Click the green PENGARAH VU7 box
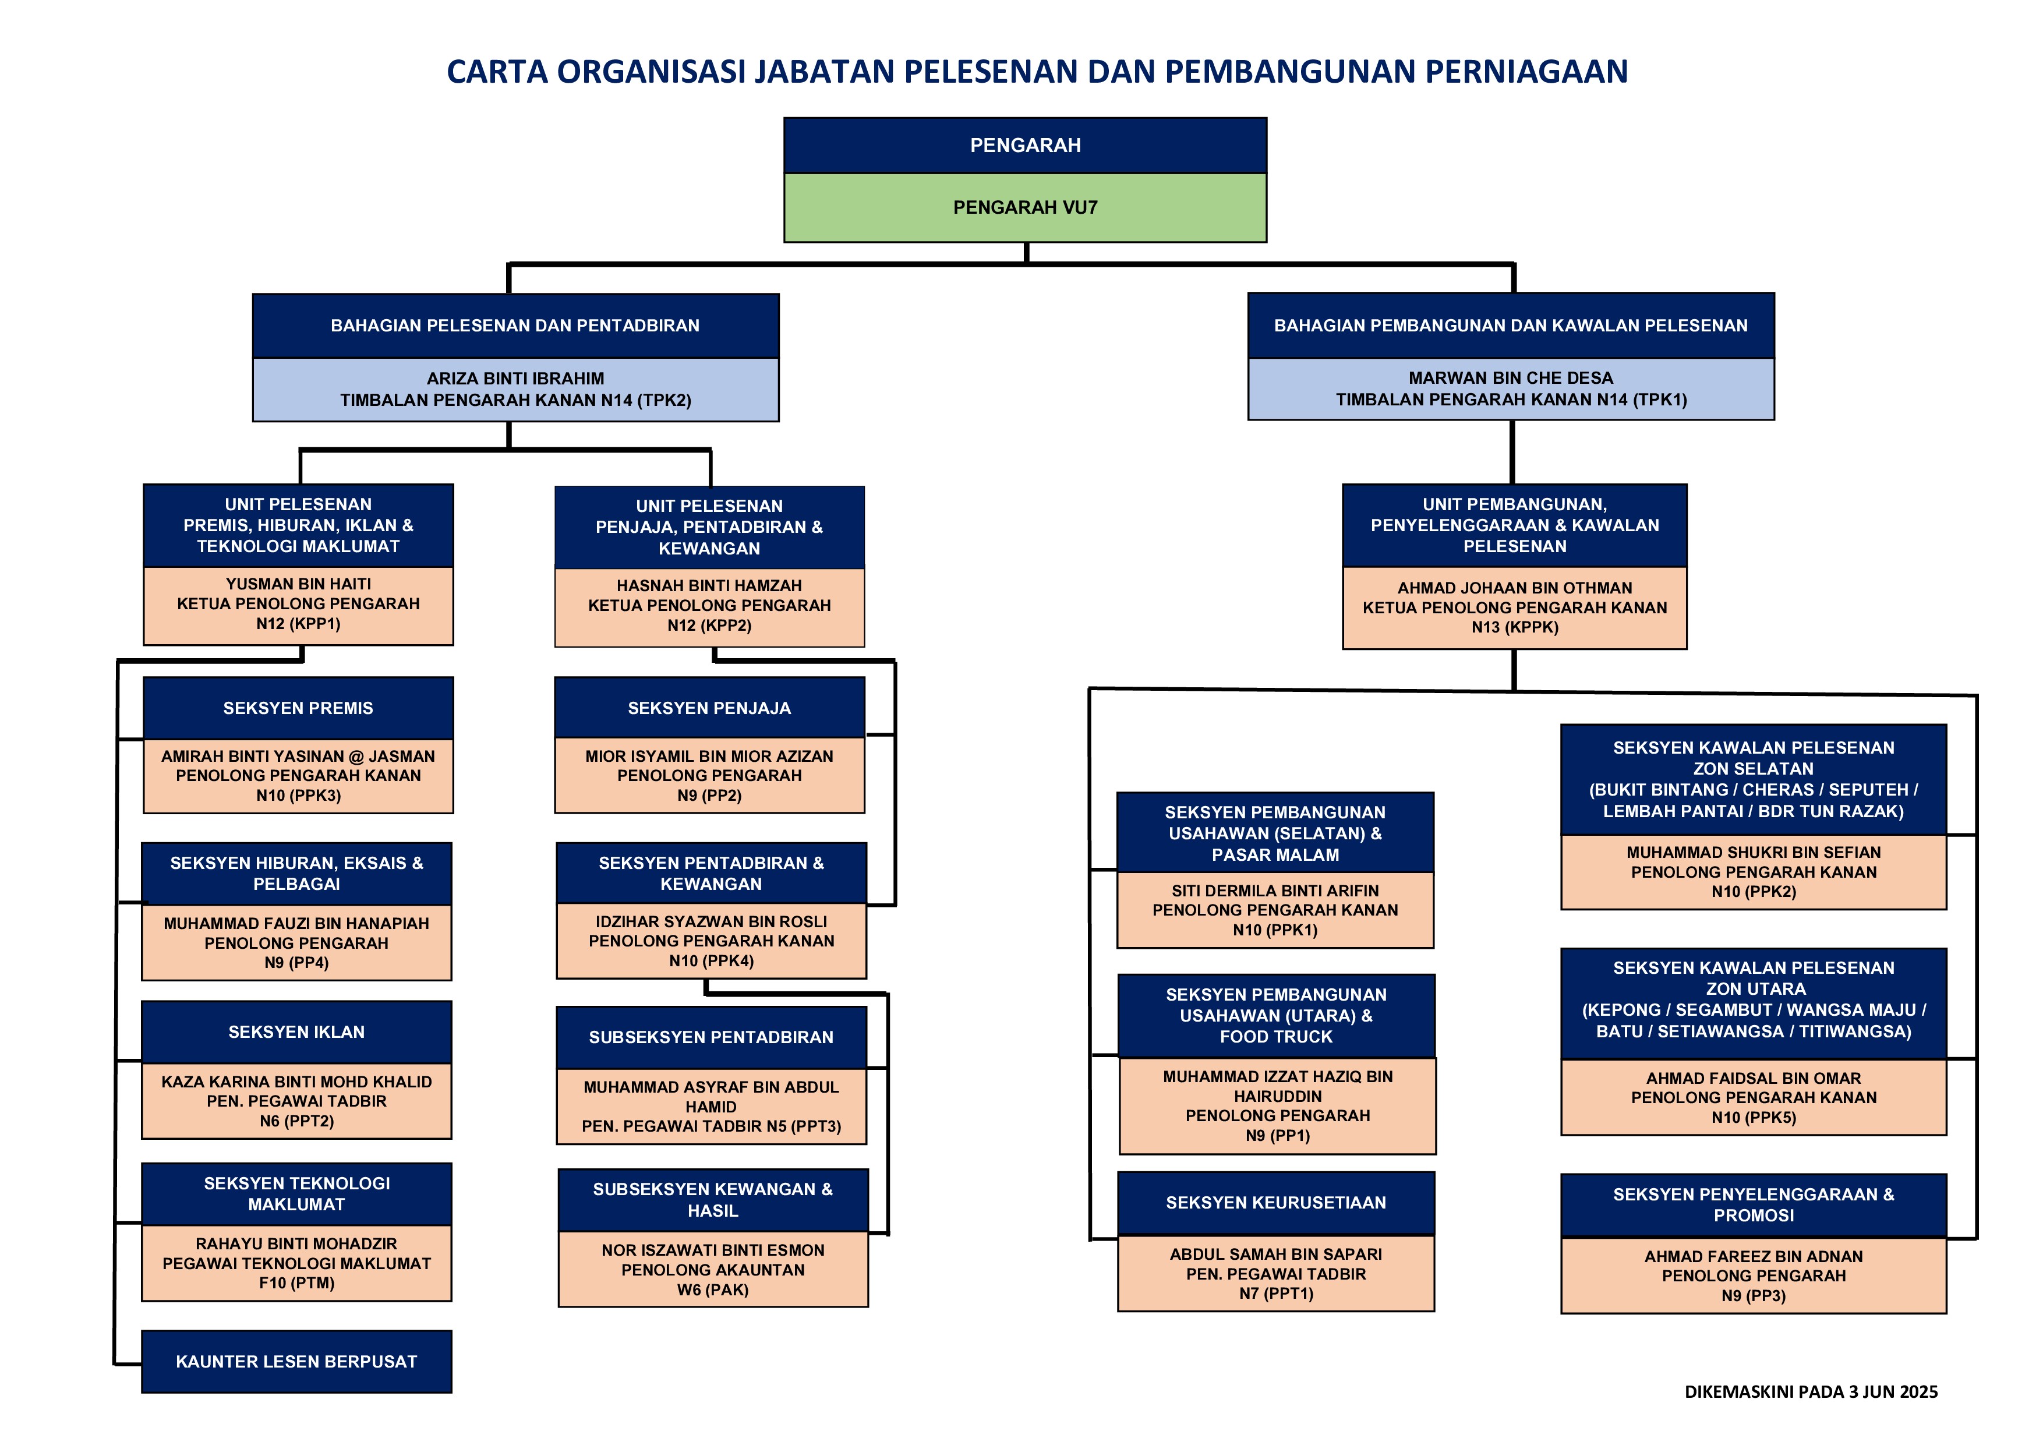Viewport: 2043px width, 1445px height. coord(1024,207)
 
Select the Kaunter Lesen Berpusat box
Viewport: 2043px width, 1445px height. coord(296,1361)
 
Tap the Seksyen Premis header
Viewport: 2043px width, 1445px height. coord(298,708)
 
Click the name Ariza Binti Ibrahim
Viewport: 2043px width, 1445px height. coord(515,378)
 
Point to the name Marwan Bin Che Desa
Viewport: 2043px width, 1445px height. coord(1510,378)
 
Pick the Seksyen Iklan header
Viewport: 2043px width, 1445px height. coord(296,1032)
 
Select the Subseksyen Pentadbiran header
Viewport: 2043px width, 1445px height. coord(711,1037)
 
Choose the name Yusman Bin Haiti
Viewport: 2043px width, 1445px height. coord(298,584)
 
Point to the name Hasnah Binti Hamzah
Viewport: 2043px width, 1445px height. coord(709,585)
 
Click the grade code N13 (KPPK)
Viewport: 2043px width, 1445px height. coord(1514,627)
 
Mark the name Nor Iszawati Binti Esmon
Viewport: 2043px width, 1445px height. coord(713,1250)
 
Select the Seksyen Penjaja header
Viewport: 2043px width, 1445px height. coord(709,708)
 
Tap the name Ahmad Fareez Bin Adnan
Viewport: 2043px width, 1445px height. coord(1753,1256)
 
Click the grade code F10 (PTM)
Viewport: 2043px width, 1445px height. coord(296,1283)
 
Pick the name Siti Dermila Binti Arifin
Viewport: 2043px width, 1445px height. coord(1275,891)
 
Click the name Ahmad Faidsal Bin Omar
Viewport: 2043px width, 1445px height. coord(1753,1079)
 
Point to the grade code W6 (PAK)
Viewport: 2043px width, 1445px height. coord(713,1290)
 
